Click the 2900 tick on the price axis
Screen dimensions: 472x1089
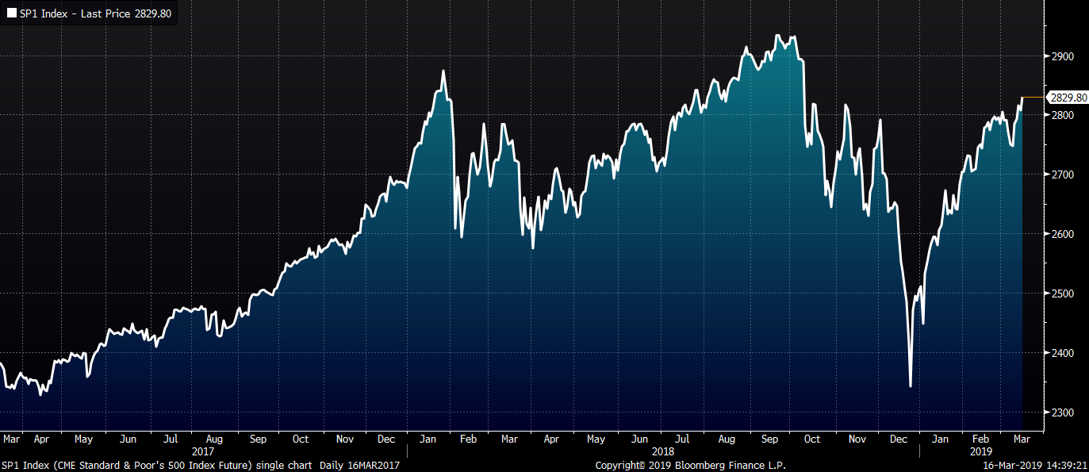(1062, 56)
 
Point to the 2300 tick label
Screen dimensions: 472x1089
(1062, 413)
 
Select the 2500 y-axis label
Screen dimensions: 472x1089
(1062, 294)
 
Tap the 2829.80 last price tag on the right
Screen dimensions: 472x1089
(1067, 98)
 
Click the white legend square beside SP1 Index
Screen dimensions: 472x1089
(11, 14)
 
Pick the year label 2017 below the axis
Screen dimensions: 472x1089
(203, 451)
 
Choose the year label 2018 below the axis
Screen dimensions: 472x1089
(663, 451)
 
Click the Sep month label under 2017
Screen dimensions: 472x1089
(258, 439)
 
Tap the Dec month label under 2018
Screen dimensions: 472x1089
(899, 439)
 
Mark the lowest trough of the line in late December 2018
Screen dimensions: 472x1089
(910, 386)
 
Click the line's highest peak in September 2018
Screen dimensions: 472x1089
(776, 36)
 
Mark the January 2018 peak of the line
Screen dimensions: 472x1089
(443, 71)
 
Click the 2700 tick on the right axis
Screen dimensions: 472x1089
(1062, 175)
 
